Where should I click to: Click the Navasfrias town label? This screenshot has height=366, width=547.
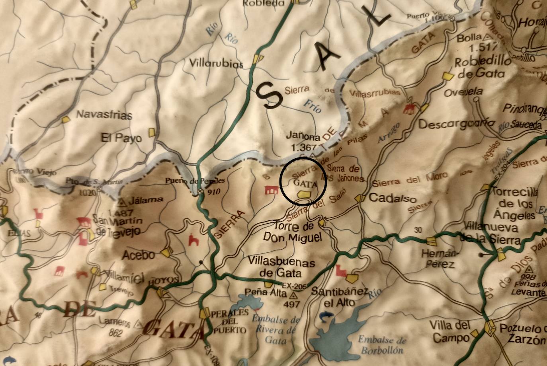point(104,115)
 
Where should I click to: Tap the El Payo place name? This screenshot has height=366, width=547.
point(121,138)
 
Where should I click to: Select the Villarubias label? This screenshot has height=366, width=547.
point(216,63)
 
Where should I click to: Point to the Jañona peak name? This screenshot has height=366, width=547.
point(303,137)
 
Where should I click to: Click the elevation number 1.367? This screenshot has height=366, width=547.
point(304,147)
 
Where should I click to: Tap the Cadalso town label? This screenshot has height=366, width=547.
point(393,198)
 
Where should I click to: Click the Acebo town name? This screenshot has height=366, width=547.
point(139,255)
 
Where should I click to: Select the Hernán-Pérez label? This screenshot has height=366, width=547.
point(438,259)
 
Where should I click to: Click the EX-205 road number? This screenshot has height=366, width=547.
point(294,286)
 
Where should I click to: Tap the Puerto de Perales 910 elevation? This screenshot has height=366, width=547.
point(213,191)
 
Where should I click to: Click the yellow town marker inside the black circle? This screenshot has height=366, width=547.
point(304,194)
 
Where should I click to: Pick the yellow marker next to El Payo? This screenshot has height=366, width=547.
point(152,132)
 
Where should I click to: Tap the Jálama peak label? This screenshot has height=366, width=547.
point(140,199)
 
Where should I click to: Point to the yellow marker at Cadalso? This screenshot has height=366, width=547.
point(360,198)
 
